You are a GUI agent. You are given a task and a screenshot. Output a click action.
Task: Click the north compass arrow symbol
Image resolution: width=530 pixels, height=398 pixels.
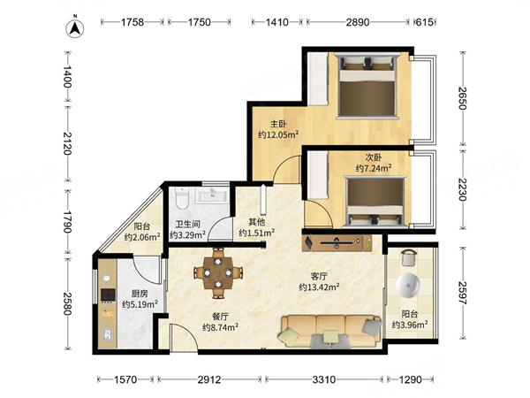click(x=75, y=27)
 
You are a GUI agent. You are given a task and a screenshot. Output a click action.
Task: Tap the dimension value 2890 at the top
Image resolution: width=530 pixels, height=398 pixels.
click(x=358, y=22)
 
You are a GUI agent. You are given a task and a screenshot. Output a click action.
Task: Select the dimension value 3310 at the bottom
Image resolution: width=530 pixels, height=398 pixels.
click(x=324, y=379)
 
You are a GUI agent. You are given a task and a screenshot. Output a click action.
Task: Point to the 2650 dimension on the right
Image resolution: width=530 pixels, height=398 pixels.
click(x=462, y=98)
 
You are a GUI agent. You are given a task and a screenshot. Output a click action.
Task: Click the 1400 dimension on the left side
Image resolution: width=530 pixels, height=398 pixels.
click(x=68, y=76)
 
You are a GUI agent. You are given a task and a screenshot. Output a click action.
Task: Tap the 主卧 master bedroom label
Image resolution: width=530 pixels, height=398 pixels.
click(x=278, y=124)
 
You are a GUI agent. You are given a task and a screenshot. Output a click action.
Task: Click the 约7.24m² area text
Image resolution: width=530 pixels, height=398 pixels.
click(x=374, y=168)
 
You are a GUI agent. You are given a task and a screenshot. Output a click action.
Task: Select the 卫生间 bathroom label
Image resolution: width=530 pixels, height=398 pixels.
click(x=187, y=224)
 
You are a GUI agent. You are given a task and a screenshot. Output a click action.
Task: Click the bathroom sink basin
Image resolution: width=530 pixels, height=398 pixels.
click(x=213, y=195)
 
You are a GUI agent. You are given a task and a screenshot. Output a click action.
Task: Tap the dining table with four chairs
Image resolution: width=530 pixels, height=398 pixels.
click(x=218, y=272)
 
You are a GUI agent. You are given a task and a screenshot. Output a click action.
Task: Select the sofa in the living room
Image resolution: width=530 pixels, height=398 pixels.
click(x=329, y=331)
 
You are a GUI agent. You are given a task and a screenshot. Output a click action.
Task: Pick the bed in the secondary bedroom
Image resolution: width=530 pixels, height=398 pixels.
click(x=375, y=201)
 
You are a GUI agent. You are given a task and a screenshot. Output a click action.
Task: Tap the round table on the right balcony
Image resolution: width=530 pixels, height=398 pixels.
click(x=408, y=285)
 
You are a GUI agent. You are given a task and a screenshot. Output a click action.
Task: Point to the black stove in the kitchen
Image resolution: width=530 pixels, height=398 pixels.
click(x=108, y=295)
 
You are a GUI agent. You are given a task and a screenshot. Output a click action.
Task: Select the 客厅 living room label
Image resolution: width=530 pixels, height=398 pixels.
click(x=319, y=276)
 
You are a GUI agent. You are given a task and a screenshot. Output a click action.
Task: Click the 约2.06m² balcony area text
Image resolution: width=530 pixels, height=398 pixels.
click(x=142, y=237)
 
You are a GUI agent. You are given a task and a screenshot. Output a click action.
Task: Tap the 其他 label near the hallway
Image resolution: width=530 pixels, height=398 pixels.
click(x=256, y=222)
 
